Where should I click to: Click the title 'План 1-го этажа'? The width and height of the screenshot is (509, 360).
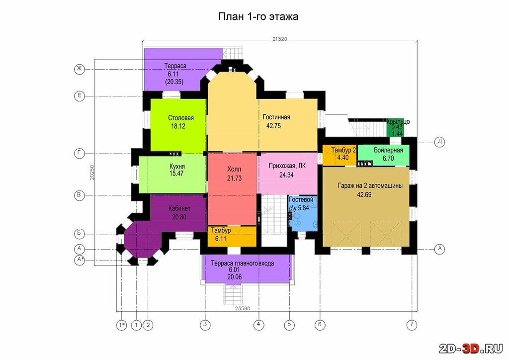(258, 16)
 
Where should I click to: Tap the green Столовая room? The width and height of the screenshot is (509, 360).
(178, 125)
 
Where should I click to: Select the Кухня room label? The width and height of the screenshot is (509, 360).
(177, 166)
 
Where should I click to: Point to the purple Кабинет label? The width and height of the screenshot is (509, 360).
(179, 208)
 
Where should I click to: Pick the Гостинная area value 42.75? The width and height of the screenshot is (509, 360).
(273, 126)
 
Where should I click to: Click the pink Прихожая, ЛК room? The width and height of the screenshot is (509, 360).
(288, 174)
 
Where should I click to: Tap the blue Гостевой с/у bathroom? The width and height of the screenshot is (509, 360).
(303, 213)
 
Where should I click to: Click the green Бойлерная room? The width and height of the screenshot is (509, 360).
(383, 155)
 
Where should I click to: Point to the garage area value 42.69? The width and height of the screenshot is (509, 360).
(364, 195)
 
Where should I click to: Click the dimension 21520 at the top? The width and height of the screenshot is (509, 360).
(280, 39)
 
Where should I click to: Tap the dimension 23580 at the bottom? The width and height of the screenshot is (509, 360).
(243, 308)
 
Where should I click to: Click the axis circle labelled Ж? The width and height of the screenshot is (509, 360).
(79, 69)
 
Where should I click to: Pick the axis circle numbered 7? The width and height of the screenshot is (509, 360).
(412, 324)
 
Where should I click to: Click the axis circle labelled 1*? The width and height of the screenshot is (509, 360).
(121, 325)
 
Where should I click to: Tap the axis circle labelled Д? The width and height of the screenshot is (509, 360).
(439, 142)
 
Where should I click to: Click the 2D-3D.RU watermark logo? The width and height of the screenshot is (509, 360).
(471, 348)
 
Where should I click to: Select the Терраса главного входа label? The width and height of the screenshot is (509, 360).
(242, 263)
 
